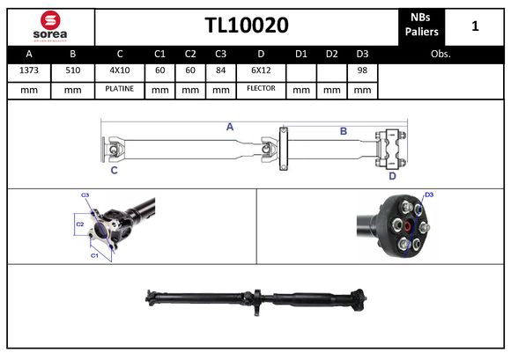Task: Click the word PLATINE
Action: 120,89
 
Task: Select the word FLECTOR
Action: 261,89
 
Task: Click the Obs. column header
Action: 441,54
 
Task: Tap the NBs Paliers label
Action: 421,26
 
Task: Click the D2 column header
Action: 331,54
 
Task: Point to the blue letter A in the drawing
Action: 230,127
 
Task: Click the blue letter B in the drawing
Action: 344,131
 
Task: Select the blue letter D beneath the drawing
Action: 392,175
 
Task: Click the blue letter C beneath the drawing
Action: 115,171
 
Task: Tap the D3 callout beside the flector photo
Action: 429,195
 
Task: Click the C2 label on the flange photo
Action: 79,224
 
